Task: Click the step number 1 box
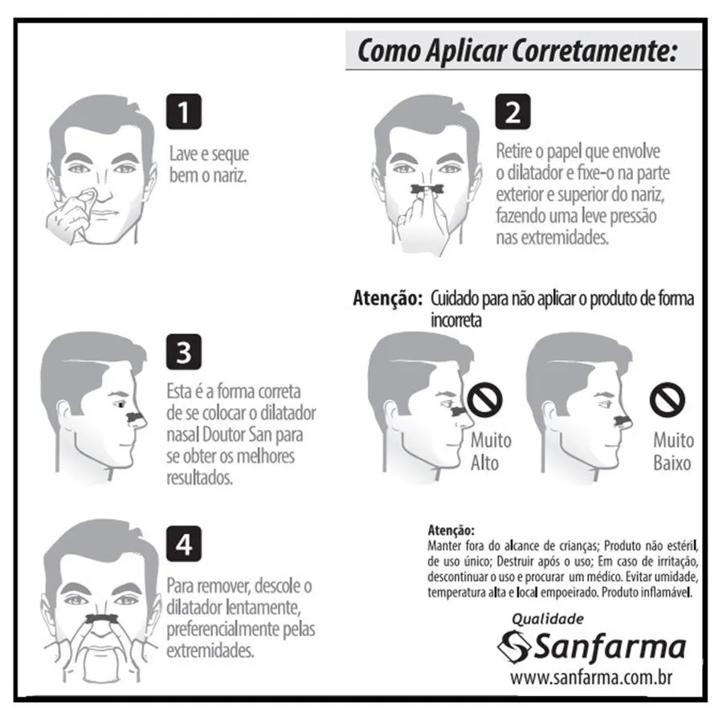point(183,112)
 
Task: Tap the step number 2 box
point(513,112)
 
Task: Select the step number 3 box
point(183,352)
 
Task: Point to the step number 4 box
point(183,544)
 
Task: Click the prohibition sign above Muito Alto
point(484,398)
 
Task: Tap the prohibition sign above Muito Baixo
point(668,398)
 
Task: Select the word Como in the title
point(389,51)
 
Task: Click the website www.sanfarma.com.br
point(591,678)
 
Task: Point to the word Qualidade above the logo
point(548,619)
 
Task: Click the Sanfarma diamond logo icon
point(513,647)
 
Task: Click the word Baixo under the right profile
point(672,463)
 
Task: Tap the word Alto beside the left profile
point(484,463)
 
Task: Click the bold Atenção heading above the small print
point(451,530)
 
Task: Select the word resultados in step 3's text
point(200,478)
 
